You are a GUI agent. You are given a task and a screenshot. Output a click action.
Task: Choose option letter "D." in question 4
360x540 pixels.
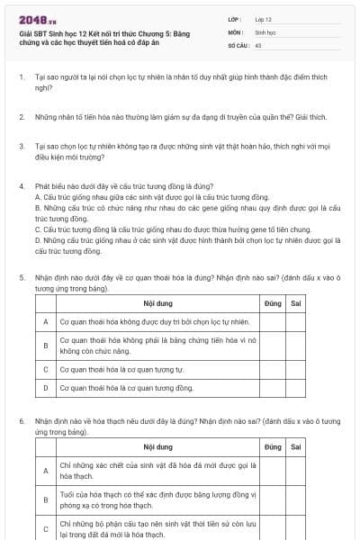pyautogui.click(x=38, y=241)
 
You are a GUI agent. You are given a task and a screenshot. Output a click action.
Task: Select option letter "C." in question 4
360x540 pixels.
pyautogui.click(x=38, y=229)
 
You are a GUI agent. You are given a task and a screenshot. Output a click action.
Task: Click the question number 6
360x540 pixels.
pyautogui.click(x=21, y=420)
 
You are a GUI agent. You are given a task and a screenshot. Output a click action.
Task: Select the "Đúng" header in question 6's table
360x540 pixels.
pyautogui.click(x=274, y=447)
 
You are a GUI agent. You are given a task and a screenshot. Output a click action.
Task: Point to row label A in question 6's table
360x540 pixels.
pyautogui.click(x=45, y=470)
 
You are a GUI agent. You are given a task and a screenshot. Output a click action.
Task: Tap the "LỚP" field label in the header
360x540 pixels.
pyautogui.click(x=236, y=19)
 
